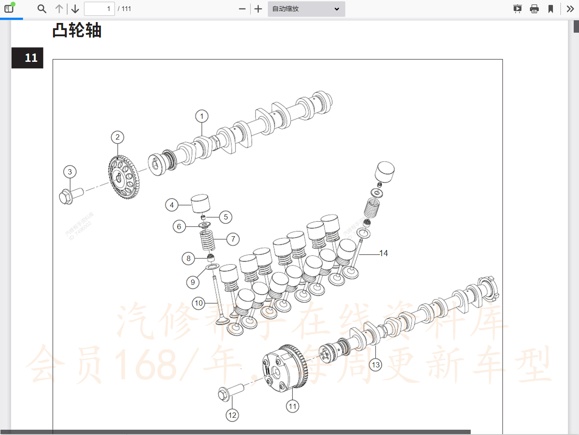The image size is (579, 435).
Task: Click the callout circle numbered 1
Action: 202,117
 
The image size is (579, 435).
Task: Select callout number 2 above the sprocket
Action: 118,137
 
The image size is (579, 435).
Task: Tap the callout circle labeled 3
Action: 70,172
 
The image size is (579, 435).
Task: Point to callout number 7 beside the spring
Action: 233,239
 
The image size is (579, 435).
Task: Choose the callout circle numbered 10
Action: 199,303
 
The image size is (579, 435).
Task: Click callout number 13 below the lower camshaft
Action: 376,365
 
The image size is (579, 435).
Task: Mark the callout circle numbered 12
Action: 232,415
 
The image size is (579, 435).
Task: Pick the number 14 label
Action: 383,253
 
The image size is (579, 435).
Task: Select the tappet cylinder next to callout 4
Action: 200,204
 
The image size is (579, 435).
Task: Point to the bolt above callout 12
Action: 231,392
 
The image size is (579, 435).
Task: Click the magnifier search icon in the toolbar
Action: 42,9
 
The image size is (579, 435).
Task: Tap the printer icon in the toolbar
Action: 534,9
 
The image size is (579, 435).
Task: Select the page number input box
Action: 99,9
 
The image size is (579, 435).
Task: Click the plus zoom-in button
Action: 258,9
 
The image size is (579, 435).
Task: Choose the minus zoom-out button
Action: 242,9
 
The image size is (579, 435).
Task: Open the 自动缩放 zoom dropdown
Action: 306,9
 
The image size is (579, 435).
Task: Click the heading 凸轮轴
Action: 77,30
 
